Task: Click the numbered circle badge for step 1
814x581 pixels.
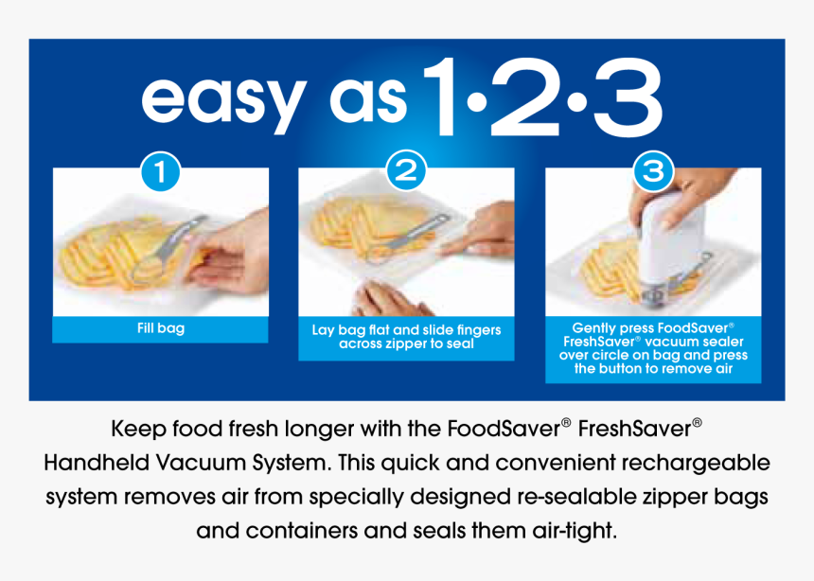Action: pyautogui.click(x=160, y=171)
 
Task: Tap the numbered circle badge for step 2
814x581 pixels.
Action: pyautogui.click(x=406, y=170)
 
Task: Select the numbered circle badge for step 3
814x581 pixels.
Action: pyautogui.click(x=654, y=170)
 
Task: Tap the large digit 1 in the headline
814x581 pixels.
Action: pyautogui.click(x=442, y=97)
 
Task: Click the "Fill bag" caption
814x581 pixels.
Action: pyautogui.click(x=161, y=328)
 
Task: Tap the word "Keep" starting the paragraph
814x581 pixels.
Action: pyautogui.click(x=138, y=430)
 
